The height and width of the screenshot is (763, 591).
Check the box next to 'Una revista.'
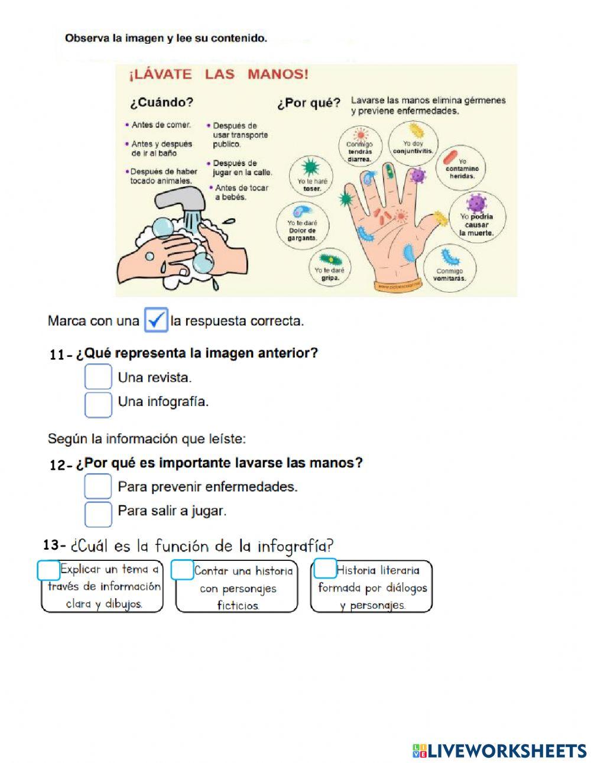click(98, 377)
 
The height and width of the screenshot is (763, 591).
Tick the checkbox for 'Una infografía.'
click(98, 404)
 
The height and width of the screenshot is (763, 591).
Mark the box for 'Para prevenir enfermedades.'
click(98, 486)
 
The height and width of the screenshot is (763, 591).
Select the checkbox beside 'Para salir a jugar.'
click(98, 514)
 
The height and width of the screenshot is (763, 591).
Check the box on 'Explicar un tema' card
click(49, 570)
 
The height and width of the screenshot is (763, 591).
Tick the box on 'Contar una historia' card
click(183, 570)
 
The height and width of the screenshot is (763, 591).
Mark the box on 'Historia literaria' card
click(324, 569)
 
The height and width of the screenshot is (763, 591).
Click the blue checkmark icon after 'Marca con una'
click(156, 320)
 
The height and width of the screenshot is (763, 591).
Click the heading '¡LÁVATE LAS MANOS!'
click(219, 74)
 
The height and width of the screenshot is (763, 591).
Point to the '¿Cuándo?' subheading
click(161, 102)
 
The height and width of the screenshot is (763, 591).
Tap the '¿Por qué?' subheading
click(309, 103)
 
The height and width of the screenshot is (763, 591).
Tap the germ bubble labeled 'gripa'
click(329, 267)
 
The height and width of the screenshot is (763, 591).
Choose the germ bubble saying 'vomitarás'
click(449, 267)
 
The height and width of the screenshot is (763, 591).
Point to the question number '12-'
click(61, 465)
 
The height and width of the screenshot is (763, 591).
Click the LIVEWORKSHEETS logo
click(499, 751)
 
